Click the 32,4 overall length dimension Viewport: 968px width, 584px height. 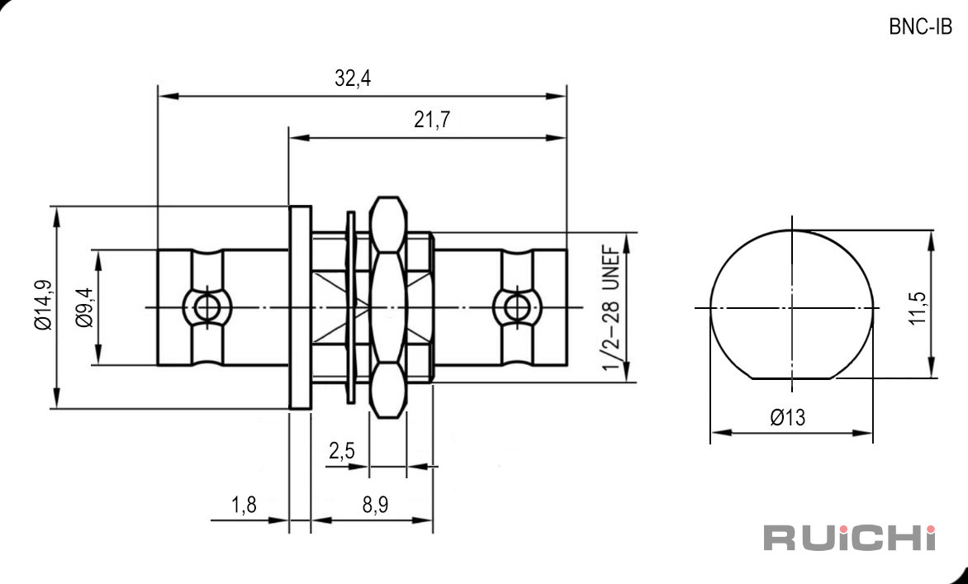coord(353,78)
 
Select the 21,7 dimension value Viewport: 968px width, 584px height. coord(432,120)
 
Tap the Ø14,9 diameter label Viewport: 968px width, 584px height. coord(43,306)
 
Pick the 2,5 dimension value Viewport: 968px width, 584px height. coord(341,451)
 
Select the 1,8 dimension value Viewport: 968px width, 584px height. coord(243,505)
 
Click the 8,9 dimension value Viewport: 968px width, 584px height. coord(375,505)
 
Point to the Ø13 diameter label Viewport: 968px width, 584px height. coord(788,418)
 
